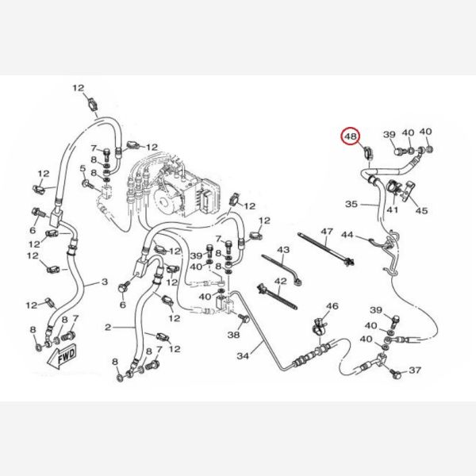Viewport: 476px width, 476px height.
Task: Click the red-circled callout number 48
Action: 351,136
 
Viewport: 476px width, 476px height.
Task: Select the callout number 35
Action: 351,204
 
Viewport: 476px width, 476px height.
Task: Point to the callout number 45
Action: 421,210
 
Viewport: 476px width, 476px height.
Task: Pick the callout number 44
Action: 347,236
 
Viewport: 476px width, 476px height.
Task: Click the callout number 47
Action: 325,231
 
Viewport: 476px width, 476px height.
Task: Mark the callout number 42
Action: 280,282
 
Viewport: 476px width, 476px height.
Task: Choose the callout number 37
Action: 415,370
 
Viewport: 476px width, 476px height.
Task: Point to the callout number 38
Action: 233,336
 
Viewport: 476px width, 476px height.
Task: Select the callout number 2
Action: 109,326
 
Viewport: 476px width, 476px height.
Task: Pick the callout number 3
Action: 104,282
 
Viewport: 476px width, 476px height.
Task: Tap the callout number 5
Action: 83,168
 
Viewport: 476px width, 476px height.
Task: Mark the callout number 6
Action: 123,305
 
